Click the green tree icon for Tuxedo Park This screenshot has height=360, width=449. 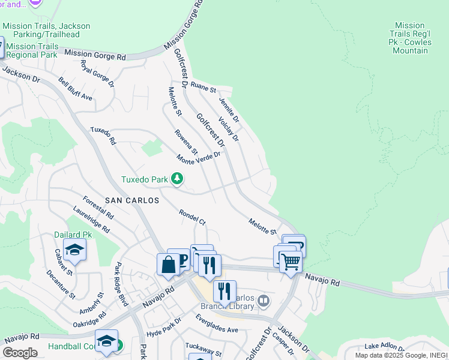177,179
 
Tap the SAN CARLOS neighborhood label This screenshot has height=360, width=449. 132,200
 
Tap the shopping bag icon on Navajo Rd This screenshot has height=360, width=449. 168,264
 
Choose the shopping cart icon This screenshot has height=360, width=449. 291,261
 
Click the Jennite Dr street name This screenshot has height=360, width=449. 229,110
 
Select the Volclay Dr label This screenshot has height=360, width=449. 229,129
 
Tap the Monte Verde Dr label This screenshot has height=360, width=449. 199,157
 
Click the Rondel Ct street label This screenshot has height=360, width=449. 192,217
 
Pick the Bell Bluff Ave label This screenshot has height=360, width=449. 76,89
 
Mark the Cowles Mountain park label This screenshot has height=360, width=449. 410,38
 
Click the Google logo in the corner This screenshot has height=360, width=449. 20,353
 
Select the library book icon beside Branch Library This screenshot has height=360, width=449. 263,299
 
